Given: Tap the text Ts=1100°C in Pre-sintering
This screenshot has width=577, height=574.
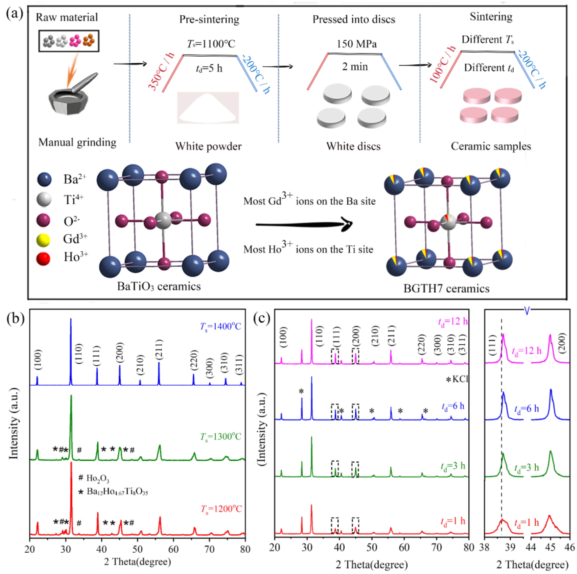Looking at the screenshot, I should (x=211, y=44).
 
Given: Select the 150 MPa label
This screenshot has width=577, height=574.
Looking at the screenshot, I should (x=356, y=44).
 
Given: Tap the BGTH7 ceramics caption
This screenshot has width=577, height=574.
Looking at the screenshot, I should (x=446, y=289).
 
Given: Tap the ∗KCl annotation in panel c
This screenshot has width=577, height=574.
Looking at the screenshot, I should (x=456, y=379).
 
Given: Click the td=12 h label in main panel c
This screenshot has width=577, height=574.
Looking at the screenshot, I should (x=453, y=321).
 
